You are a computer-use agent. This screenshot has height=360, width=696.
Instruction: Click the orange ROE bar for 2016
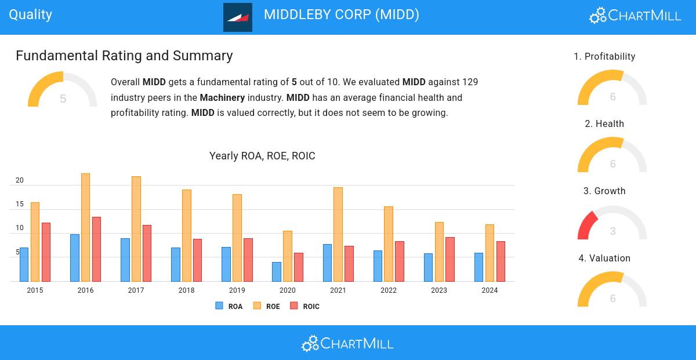click(x=85, y=227)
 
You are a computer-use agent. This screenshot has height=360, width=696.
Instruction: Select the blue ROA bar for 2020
click(x=276, y=272)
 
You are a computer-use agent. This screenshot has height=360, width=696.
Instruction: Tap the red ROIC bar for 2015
click(x=46, y=252)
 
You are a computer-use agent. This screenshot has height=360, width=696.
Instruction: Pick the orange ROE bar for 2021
click(x=338, y=234)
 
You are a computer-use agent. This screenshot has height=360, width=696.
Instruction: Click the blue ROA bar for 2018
click(x=175, y=264)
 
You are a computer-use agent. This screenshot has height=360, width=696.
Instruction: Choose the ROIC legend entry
click(x=305, y=306)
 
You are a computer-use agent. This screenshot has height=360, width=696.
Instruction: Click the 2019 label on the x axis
click(x=237, y=290)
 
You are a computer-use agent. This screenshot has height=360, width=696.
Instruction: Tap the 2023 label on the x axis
click(x=439, y=290)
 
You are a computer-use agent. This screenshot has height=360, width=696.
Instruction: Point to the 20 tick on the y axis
click(x=20, y=181)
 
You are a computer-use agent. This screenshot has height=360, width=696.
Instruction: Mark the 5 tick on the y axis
click(x=18, y=253)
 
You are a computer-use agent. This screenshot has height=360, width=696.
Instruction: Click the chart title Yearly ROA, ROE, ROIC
click(x=262, y=156)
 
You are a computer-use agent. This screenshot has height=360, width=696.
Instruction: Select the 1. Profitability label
click(x=604, y=56)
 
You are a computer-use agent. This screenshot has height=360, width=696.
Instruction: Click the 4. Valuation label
click(x=604, y=258)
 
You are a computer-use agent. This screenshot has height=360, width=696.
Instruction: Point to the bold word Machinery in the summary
click(x=222, y=97)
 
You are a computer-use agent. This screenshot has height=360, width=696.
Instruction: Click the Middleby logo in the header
click(x=238, y=17)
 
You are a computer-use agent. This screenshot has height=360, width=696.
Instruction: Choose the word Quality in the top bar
click(x=31, y=14)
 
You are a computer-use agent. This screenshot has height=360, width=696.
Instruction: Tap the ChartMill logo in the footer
click(x=347, y=343)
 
